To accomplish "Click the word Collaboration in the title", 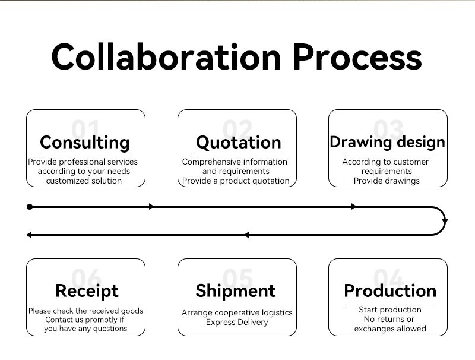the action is tap(166, 56).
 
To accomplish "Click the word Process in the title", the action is tap(357, 56).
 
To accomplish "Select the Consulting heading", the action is tap(85, 143).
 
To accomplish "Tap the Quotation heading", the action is tap(239, 143).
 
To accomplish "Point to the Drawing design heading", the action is tap(388, 142).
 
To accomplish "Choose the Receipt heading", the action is tap(87, 291).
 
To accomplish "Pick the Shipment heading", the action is tap(236, 291).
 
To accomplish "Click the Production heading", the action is tap(390, 291).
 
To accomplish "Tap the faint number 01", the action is tap(85, 129).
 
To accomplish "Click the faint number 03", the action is tap(388, 129).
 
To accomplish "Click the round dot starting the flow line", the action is tap(30, 207).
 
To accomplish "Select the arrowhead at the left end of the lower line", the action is tap(29, 235).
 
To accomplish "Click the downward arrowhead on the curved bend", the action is tap(445, 222).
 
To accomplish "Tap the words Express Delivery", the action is tap(237, 322).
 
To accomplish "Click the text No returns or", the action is tap(389, 319).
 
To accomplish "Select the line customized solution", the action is tap(84, 181).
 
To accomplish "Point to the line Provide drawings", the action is tap(387, 181).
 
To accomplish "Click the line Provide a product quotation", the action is tap(236, 181).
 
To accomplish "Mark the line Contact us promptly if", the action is tap(84, 320).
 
